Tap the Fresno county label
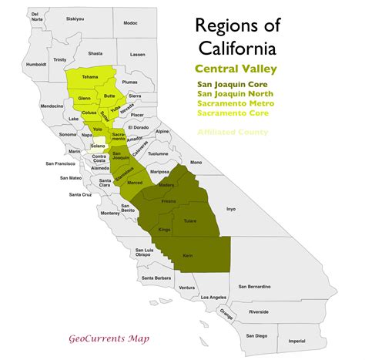pos(169,200)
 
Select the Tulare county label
pos(190,221)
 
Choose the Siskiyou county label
pos(75,18)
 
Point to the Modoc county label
pos(130,24)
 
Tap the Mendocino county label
pos(52,105)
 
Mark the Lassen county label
pos(138,55)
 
